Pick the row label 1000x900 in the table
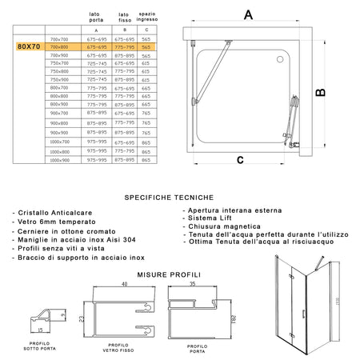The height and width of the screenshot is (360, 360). [59, 160]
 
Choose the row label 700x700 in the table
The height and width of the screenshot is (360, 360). [59, 39]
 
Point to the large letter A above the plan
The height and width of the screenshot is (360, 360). [248, 14]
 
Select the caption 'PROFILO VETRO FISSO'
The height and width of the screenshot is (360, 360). [121, 346]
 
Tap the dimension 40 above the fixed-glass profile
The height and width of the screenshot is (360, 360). [125, 282]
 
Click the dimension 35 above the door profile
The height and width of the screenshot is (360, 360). [194, 282]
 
